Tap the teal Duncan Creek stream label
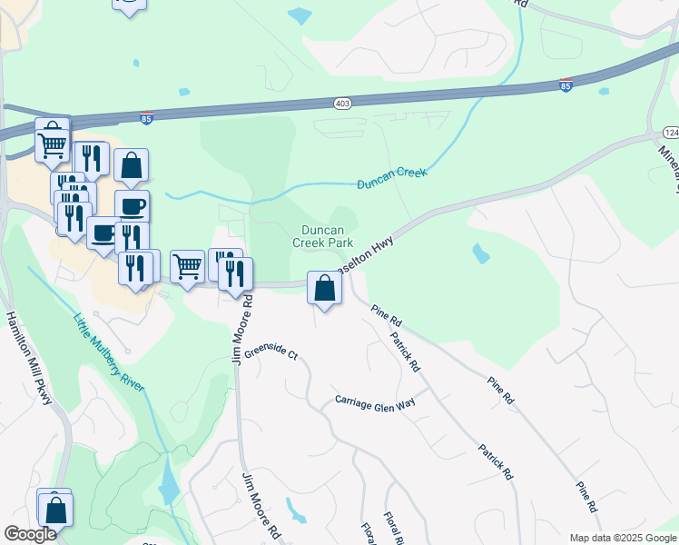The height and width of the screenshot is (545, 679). pos(390,173)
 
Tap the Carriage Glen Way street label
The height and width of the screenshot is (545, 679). pos(375,401)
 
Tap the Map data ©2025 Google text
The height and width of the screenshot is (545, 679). pos(622,538)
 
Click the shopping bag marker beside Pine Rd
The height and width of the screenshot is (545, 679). pos(324,289)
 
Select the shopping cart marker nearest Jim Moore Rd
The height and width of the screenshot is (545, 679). pos(187,267)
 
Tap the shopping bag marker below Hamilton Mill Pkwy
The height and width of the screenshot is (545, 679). pos(56,510)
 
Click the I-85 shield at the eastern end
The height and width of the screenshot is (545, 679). pos(566,85)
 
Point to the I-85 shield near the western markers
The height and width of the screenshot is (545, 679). pos(148,118)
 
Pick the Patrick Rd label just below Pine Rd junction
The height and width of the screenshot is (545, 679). pos(405,352)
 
